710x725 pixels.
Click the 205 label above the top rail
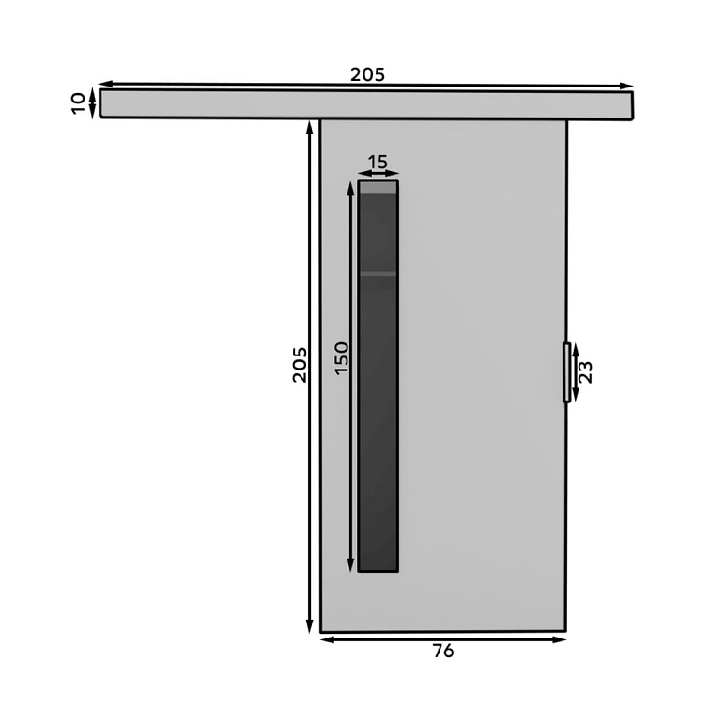367,74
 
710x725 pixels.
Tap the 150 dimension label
342,357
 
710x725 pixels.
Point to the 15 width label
378,162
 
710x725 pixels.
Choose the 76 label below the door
443,651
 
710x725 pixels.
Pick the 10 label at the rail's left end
78,102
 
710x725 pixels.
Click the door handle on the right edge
566,372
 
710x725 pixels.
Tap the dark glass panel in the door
378,423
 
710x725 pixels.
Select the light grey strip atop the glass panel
378,187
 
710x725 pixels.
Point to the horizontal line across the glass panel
378,274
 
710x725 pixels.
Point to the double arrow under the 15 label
378,174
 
